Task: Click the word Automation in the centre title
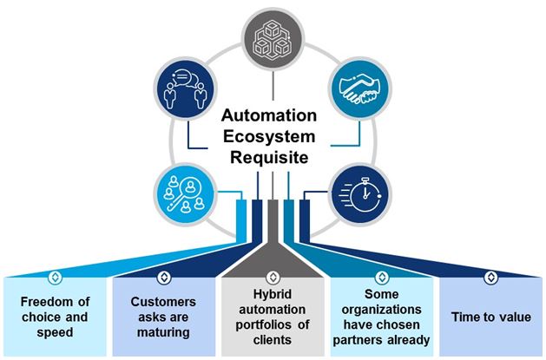pos(271,115)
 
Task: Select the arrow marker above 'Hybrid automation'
pos(273,279)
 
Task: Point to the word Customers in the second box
pos(164,302)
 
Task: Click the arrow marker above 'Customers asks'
pos(165,279)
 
